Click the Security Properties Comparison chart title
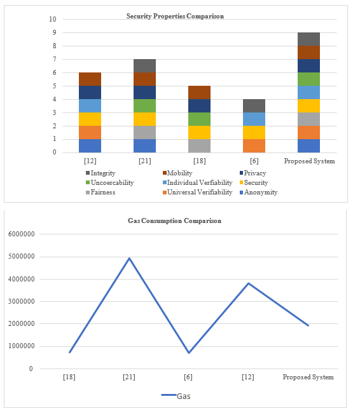coord(175,16)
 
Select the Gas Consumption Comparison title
coord(174,220)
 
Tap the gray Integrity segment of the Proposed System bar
coord(308,39)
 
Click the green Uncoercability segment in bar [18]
coord(199,119)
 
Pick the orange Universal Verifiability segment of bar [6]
coord(254,146)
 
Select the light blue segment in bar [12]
coord(90,106)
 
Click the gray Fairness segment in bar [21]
coord(144,133)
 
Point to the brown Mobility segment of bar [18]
coord(199,93)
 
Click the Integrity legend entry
coord(100,173)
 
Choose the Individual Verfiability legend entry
coord(198,182)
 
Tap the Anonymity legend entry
coord(258,193)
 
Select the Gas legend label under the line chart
coord(184,396)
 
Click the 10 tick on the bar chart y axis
coord(53,19)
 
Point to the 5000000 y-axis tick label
coord(22,257)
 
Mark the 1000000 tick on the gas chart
coord(22,346)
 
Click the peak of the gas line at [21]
coord(129,258)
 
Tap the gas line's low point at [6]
coord(189,353)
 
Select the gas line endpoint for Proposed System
coord(308,325)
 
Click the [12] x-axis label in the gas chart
coord(248,377)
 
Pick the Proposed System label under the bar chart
coord(309,161)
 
